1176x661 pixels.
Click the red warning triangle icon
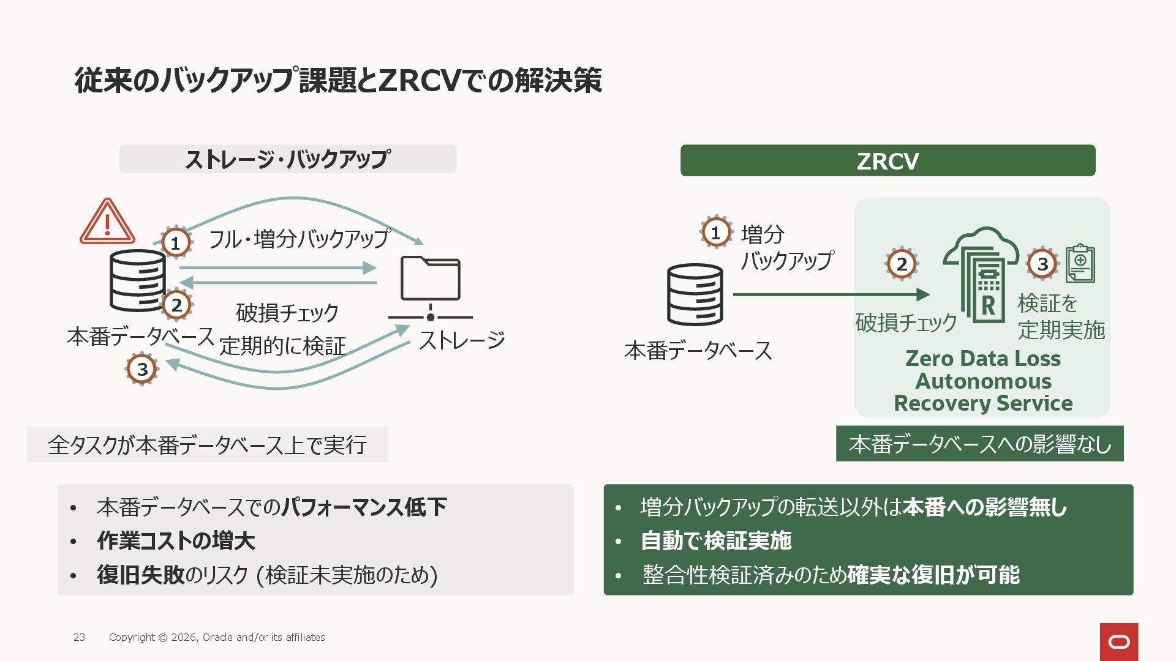(x=107, y=222)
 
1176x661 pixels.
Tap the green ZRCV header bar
(x=888, y=161)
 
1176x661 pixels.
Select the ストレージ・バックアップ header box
(x=287, y=159)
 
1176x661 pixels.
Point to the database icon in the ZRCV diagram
(x=695, y=294)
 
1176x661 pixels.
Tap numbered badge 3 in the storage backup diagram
(x=142, y=369)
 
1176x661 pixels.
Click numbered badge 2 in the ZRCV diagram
(x=902, y=264)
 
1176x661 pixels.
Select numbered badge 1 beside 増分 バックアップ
(x=715, y=233)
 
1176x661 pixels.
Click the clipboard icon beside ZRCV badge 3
(x=1080, y=264)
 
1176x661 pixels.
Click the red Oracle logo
(x=1118, y=641)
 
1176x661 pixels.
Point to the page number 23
(x=79, y=637)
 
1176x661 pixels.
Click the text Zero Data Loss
(x=982, y=359)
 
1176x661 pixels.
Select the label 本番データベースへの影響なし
(x=979, y=444)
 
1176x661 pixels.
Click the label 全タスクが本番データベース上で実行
(x=207, y=445)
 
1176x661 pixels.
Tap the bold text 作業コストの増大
(x=176, y=541)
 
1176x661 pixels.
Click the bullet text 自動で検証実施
(x=715, y=541)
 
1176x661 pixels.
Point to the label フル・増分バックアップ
(x=299, y=239)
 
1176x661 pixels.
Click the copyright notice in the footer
(x=217, y=637)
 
